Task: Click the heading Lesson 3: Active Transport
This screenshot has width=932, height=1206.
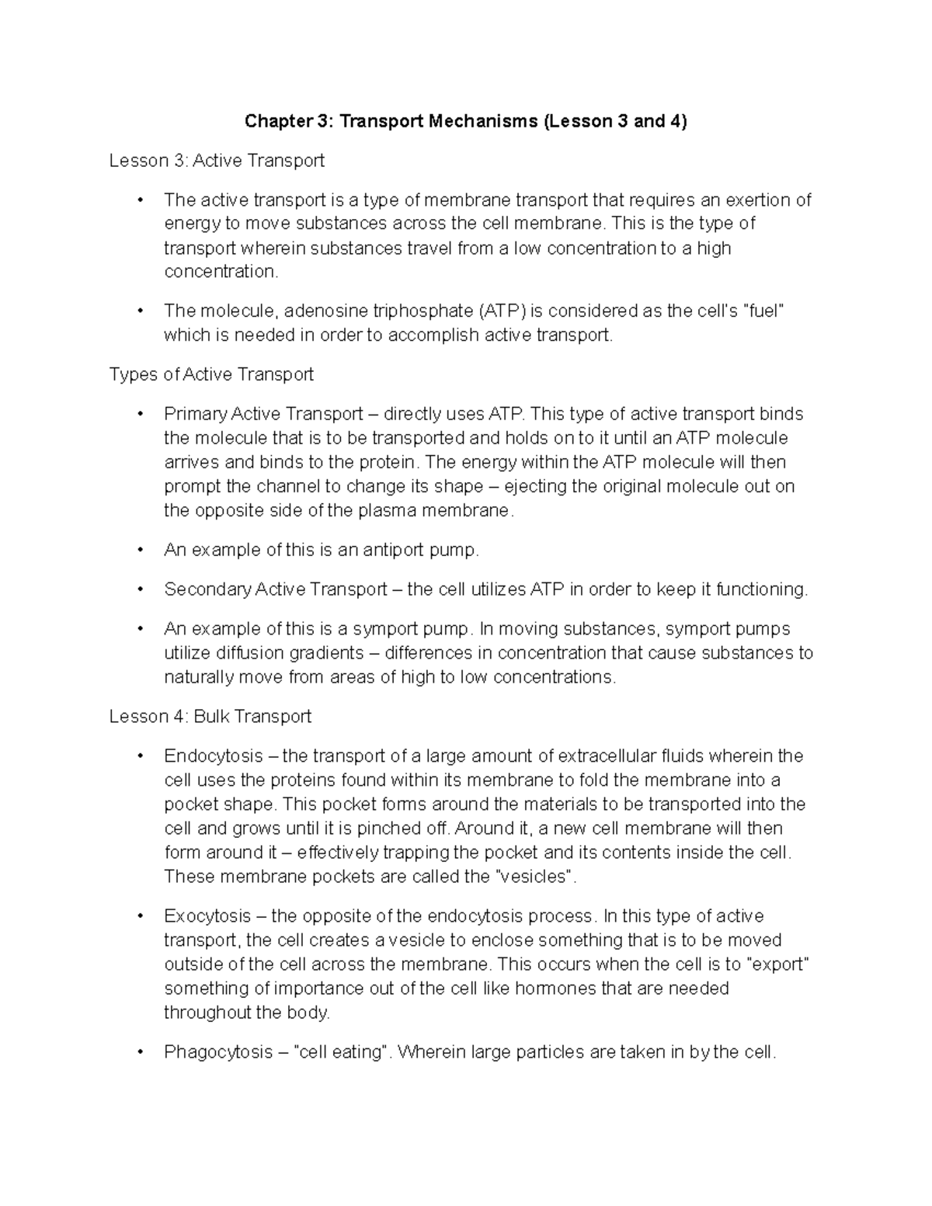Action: (217, 161)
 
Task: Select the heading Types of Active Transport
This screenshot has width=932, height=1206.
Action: (211, 374)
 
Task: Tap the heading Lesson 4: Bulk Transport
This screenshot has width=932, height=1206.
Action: (210, 716)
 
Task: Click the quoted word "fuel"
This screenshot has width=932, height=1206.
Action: (764, 311)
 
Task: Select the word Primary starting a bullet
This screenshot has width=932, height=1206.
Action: (195, 414)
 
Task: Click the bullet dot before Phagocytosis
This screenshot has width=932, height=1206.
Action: (140, 1052)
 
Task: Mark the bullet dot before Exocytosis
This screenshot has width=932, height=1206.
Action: (140, 916)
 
